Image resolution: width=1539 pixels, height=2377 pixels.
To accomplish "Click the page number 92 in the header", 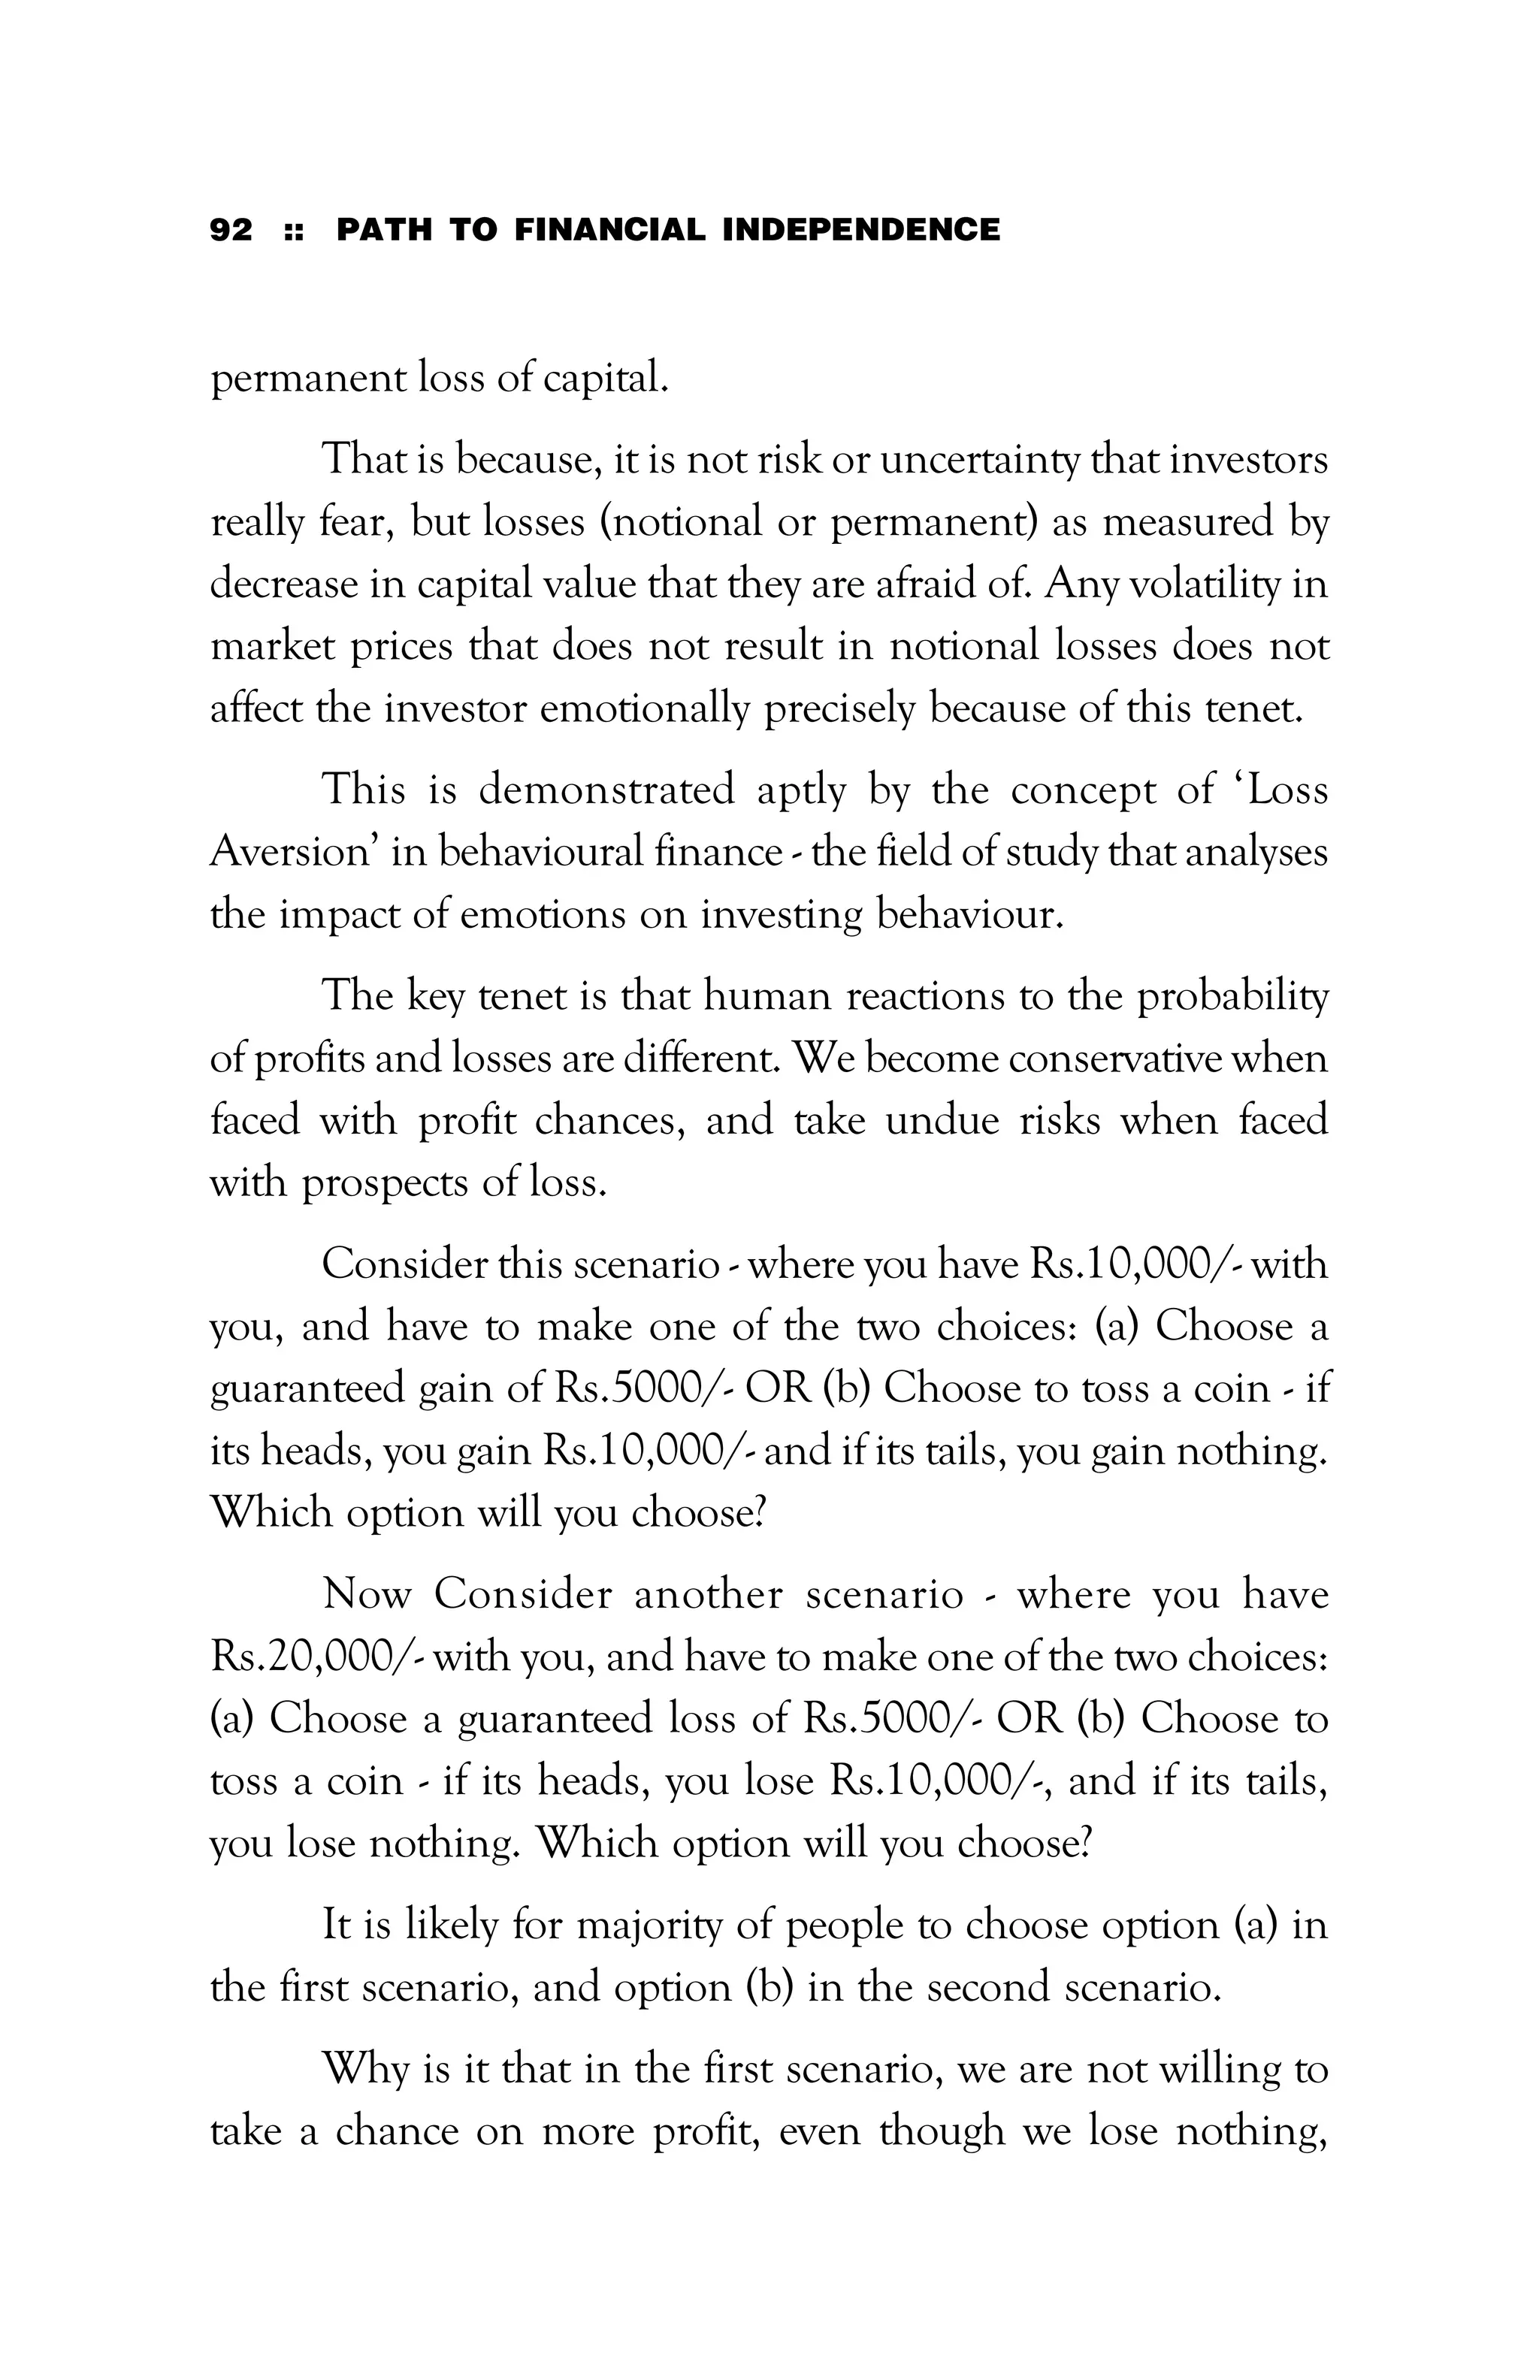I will [x=231, y=230].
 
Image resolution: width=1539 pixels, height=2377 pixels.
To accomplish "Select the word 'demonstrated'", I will [x=606, y=790].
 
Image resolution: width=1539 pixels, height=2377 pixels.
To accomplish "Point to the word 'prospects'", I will [x=385, y=1182].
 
